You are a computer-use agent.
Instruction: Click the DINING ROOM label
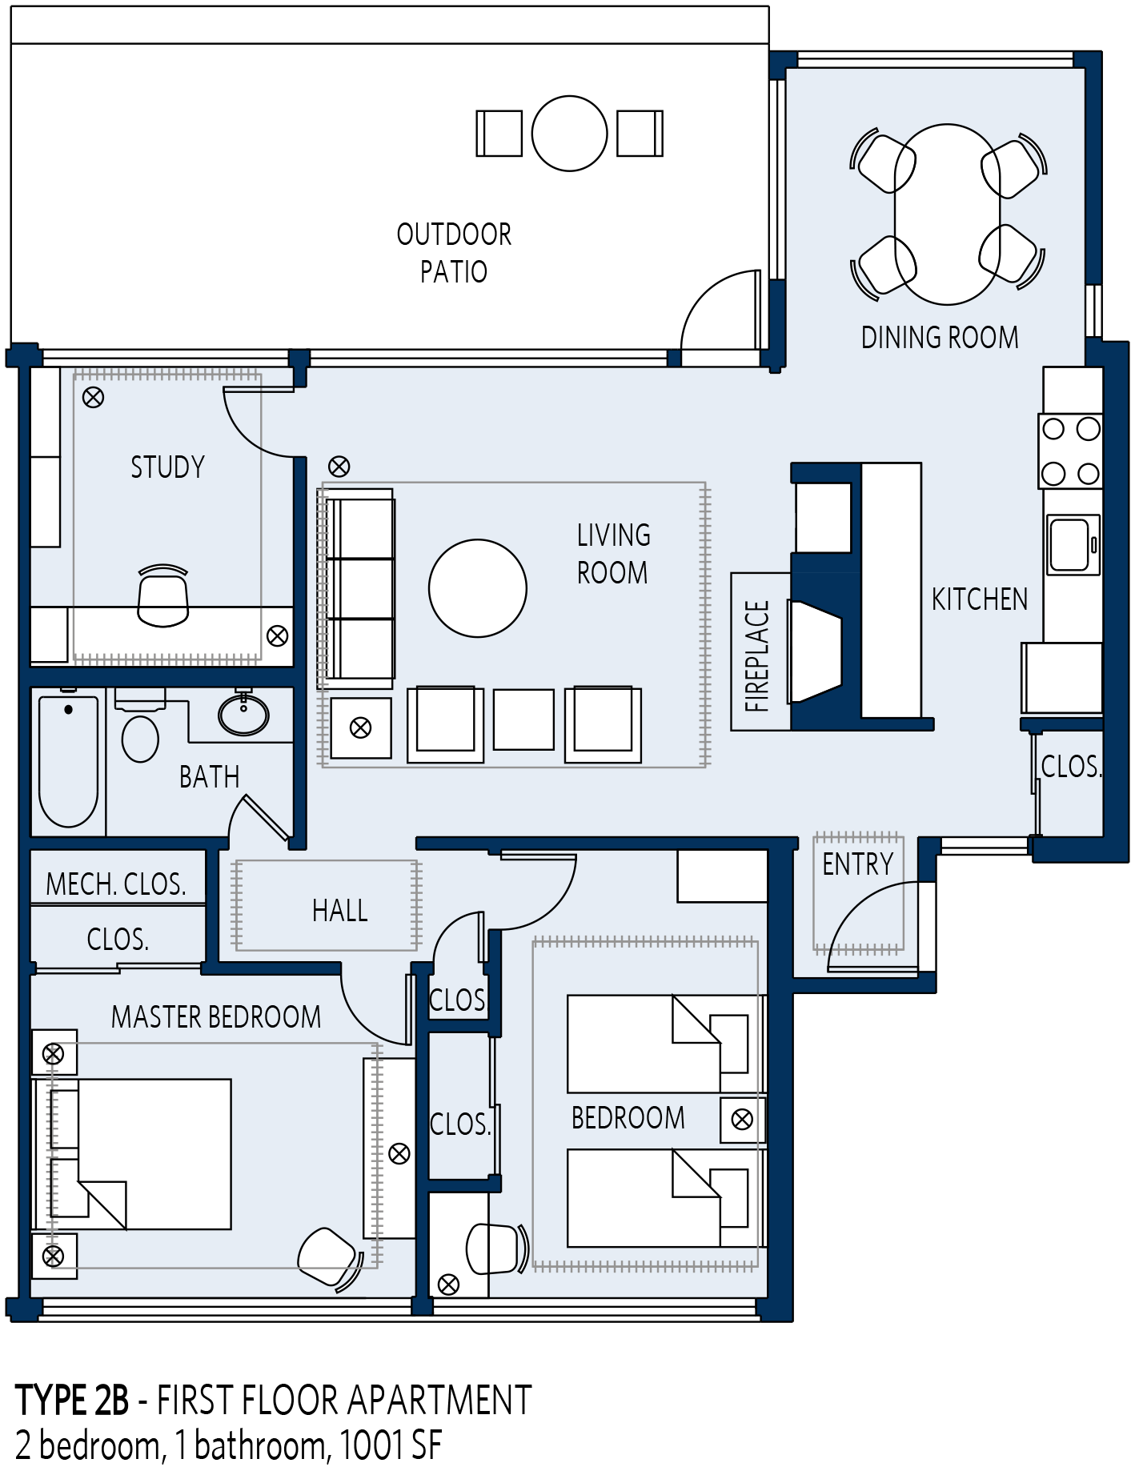point(939,338)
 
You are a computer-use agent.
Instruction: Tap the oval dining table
point(947,214)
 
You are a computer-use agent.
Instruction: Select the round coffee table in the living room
point(478,588)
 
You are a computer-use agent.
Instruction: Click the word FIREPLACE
point(757,656)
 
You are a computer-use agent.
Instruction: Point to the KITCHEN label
point(979,599)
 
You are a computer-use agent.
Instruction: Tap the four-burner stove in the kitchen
point(1070,451)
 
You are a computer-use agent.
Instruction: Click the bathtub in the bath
point(69,760)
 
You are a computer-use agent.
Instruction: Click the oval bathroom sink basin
point(244,715)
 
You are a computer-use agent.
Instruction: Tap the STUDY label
point(167,467)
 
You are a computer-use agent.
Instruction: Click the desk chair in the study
point(162,597)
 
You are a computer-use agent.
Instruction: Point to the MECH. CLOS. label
point(116,884)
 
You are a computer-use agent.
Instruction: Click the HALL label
point(340,911)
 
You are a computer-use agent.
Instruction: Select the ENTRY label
point(857,864)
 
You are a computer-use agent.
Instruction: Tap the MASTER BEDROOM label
point(216,1017)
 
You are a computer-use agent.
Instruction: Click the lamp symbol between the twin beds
point(742,1120)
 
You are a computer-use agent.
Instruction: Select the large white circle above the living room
point(569,134)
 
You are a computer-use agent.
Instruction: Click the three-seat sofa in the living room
point(360,588)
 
